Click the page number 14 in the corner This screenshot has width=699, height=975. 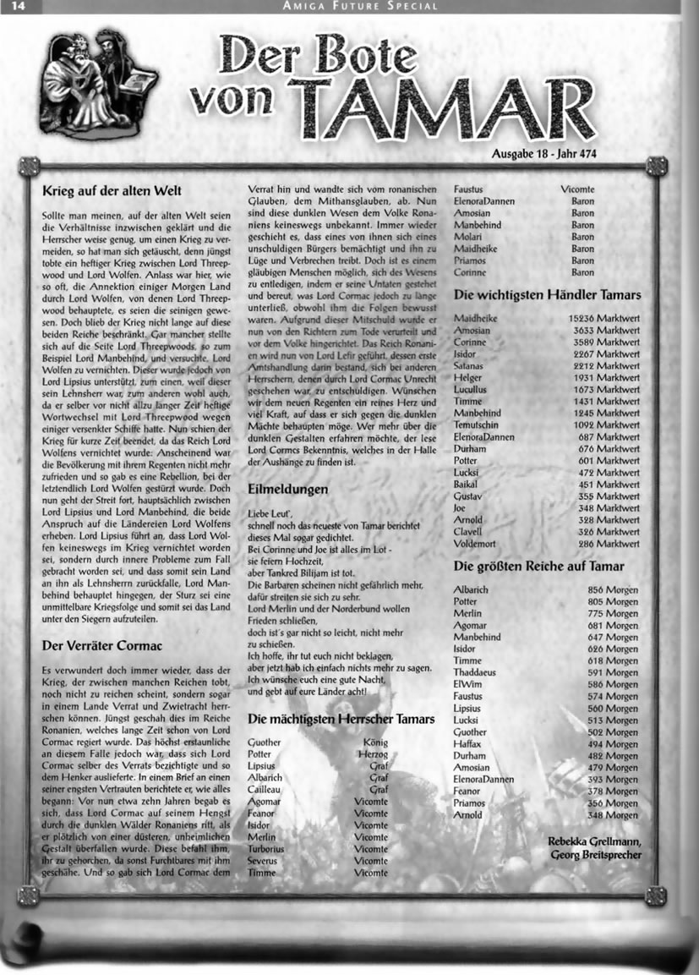coord(17,7)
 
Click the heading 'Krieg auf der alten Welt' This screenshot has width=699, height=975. coord(112,191)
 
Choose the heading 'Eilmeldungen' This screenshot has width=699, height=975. coord(287,489)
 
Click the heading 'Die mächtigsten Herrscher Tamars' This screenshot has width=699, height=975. coord(341,719)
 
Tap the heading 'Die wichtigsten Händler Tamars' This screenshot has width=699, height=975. coord(547,295)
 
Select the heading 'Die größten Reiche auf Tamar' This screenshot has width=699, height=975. coord(539,566)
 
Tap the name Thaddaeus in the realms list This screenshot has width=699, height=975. coord(478,672)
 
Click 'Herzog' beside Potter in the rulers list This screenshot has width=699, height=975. coord(372,753)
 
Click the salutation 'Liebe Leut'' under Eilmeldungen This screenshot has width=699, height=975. coord(270,513)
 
